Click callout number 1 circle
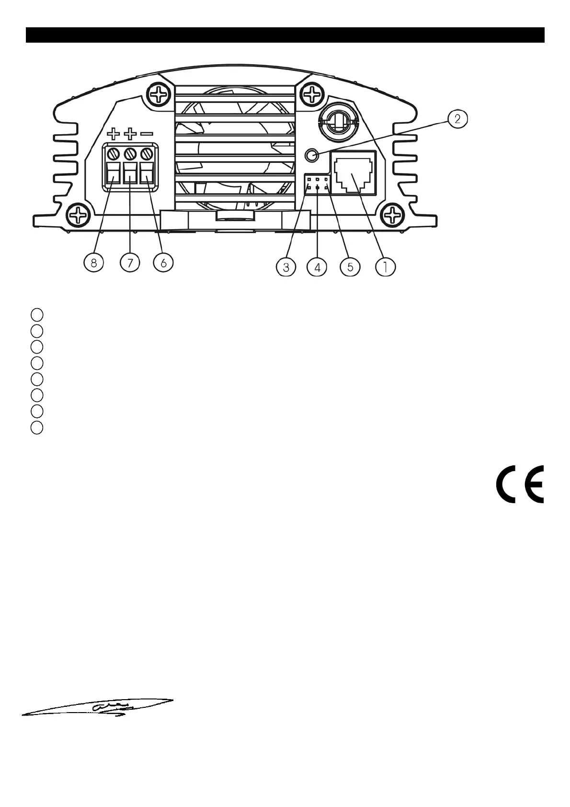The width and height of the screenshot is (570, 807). (386, 266)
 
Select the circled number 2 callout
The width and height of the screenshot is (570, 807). (457, 119)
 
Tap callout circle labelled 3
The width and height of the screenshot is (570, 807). (286, 267)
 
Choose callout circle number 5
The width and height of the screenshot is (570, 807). (350, 267)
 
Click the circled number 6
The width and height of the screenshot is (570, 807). (163, 263)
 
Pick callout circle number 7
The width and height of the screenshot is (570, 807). (130, 263)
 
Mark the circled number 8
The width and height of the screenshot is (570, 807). (94, 263)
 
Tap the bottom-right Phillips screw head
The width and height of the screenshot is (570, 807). (394, 214)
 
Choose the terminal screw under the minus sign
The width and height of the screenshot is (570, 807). (147, 154)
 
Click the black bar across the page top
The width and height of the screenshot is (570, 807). (285, 35)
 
